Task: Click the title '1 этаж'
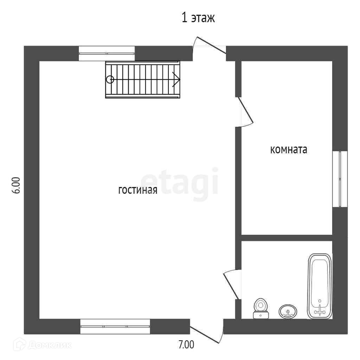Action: (x=198, y=18)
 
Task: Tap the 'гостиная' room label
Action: (x=137, y=190)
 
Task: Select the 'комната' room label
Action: (x=288, y=149)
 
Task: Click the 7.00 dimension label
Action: (x=186, y=345)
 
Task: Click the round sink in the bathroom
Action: (x=288, y=311)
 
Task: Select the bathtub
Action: (x=320, y=286)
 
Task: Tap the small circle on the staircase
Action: (x=110, y=79)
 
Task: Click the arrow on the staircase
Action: (x=176, y=79)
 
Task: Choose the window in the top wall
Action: (x=107, y=53)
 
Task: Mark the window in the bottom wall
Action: (x=115, y=326)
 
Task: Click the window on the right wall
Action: (x=340, y=179)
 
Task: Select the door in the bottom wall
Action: (x=207, y=332)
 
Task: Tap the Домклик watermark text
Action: (x=49, y=345)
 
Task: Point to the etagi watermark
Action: (x=180, y=183)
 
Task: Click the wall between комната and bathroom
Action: (x=287, y=238)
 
